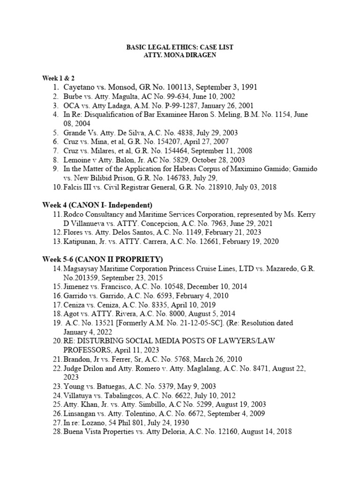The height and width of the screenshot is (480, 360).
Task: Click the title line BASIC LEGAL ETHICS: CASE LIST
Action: point(180,47)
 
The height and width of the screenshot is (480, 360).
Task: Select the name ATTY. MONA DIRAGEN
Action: point(180,55)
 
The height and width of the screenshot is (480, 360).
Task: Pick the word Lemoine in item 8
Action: point(77,160)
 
